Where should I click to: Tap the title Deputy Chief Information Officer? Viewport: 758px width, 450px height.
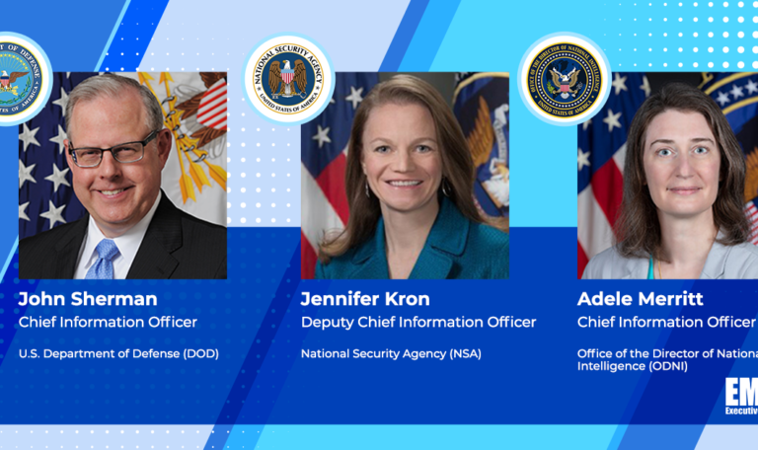418,322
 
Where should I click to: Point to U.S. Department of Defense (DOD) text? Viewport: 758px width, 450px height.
118,353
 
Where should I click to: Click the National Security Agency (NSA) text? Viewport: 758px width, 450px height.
391,353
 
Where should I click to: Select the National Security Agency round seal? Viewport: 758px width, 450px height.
288,79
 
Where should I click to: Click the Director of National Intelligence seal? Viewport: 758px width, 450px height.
565,79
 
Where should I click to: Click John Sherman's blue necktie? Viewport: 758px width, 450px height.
104,260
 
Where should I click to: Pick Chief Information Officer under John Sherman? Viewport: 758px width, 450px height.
108,322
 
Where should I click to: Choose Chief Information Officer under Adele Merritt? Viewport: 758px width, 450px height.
666,322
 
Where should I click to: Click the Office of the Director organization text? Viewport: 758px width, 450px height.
667,359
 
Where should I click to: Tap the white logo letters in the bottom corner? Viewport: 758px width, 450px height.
740,393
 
